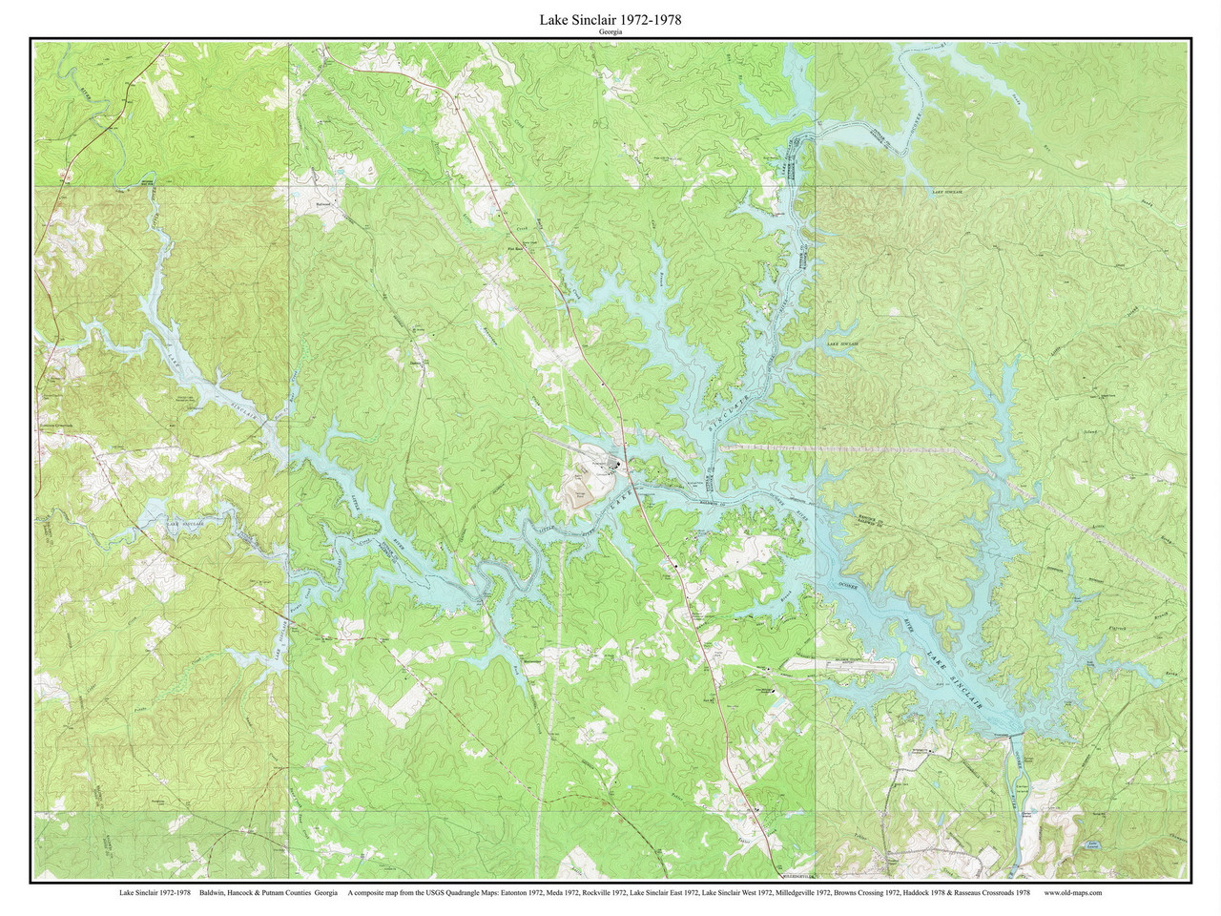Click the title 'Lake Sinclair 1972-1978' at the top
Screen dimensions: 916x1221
coord(610,18)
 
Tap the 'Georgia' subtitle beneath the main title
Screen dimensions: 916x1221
coord(610,31)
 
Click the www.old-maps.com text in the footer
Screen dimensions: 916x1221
coord(1073,893)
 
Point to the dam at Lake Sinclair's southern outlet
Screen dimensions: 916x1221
coord(1015,735)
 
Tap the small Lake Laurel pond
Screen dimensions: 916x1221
coord(1093,844)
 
